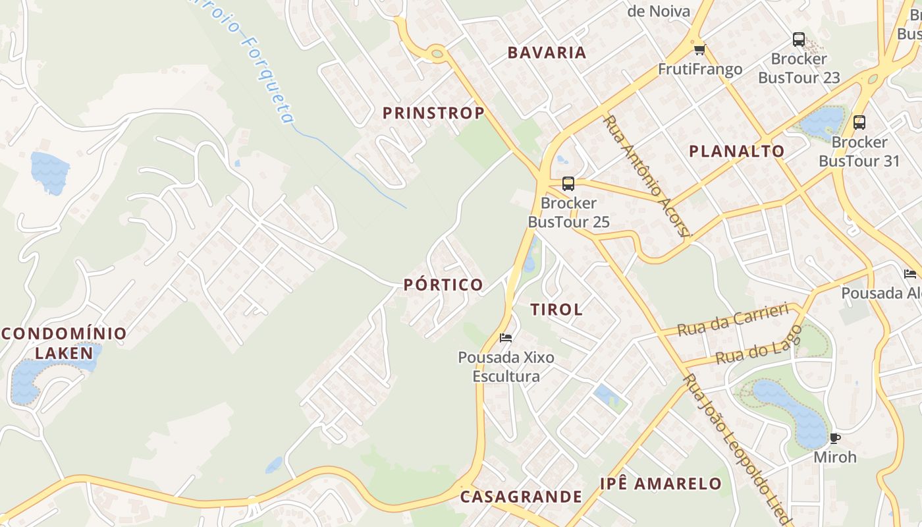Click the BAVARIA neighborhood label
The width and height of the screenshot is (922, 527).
coord(547,53)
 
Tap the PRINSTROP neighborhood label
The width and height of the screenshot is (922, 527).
coord(433,113)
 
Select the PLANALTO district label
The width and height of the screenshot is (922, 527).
coord(736,151)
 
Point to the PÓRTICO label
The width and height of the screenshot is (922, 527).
coord(443,285)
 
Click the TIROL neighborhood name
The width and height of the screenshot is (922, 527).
coord(556,309)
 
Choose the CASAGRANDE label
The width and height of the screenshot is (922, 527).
coord(521,496)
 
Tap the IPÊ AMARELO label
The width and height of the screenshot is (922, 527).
coord(661,484)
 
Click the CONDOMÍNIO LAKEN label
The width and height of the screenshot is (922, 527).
coord(64,343)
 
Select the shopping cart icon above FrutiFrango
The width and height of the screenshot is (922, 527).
coord(699,50)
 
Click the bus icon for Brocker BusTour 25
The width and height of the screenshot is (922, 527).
coord(568,184)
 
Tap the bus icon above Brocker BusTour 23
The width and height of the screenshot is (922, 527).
coord(799,40)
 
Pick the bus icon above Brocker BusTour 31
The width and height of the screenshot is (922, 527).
coord(859,122)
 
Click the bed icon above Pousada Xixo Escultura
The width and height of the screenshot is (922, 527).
coord(506,338)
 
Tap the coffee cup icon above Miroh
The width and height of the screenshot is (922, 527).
coord(835,438)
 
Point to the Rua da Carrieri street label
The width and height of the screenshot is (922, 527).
coord(732,319)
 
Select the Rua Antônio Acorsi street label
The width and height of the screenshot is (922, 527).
coord(647,176)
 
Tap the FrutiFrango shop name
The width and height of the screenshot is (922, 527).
coord(700,69)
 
